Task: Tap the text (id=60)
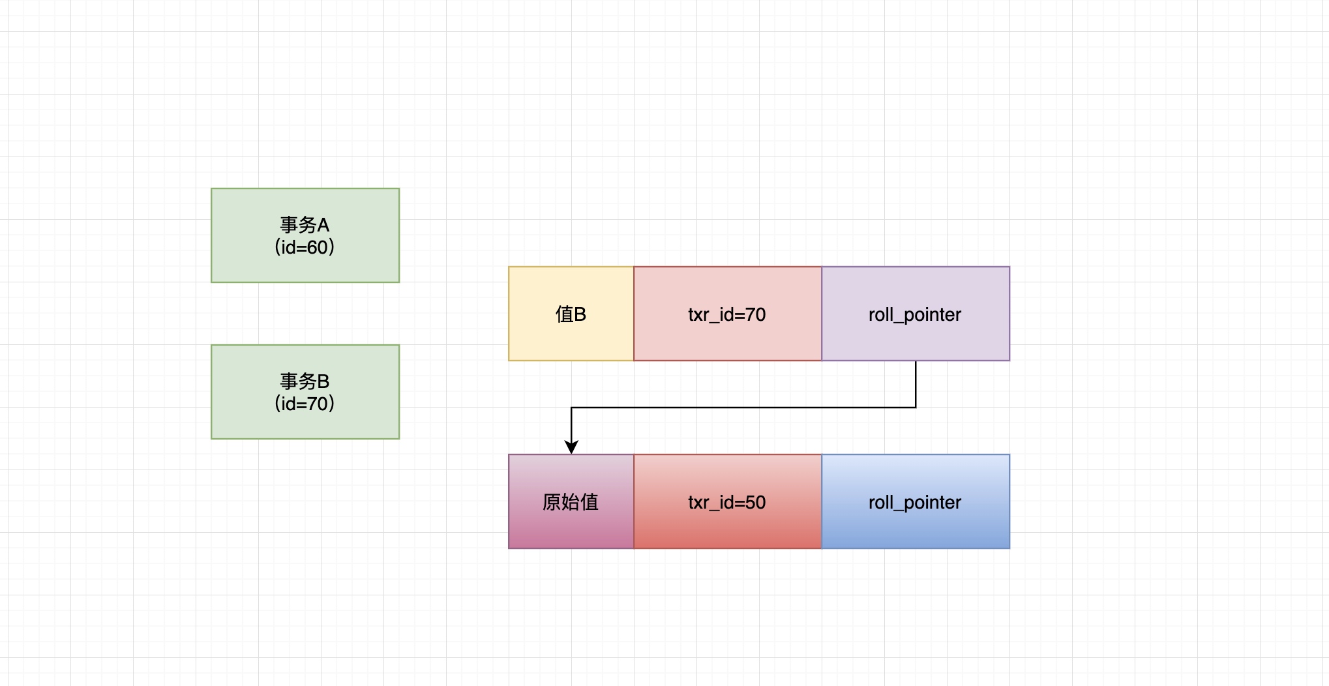coord(305,248)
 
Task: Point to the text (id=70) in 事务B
coord(305,404)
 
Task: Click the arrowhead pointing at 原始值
coord(571,447)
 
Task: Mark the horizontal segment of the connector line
coord(743,408)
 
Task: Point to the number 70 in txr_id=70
coord(755,315)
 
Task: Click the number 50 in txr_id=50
coord(755,503)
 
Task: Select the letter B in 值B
coord(580,315)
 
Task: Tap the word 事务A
coord(305,225)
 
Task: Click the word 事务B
coord(305,381)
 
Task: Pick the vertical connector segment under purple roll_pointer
coord(916,385)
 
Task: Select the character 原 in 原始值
coord(552,502)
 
